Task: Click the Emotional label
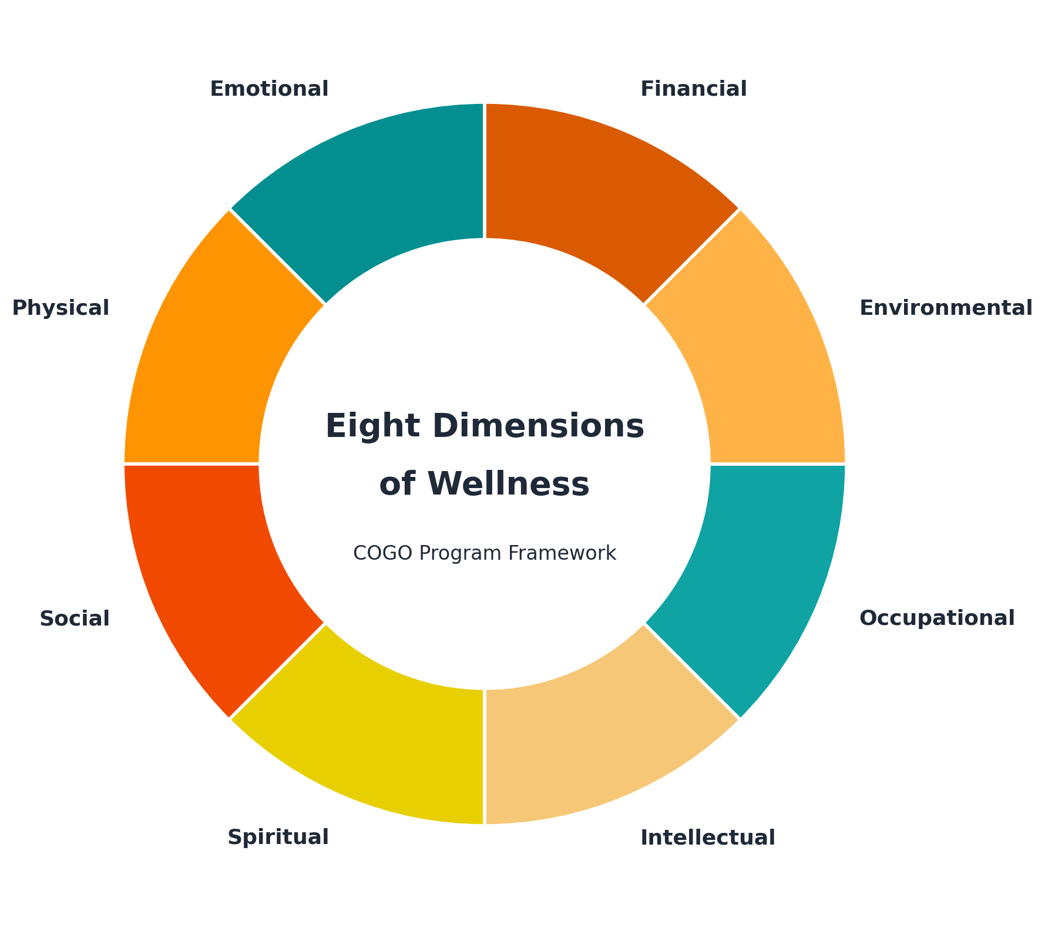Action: click(269, 89)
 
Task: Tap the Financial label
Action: click(693, 89)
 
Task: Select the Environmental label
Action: click(946, 308)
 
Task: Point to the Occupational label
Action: click(937, 618)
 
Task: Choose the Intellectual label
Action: click(707, 838)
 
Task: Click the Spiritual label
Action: click(278, 838)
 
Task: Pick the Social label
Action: click(75, 618)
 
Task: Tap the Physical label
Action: click(61, 308)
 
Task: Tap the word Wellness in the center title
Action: click(509, 485)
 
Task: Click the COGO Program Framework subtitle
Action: click(485, 553)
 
